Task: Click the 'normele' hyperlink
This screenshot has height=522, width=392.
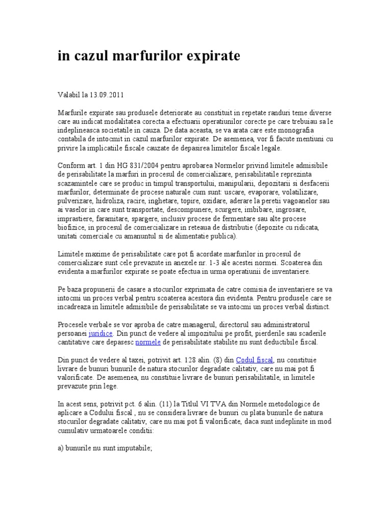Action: click(x=148, y=342)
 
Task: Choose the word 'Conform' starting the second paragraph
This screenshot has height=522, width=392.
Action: click(x=70, y=166)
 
